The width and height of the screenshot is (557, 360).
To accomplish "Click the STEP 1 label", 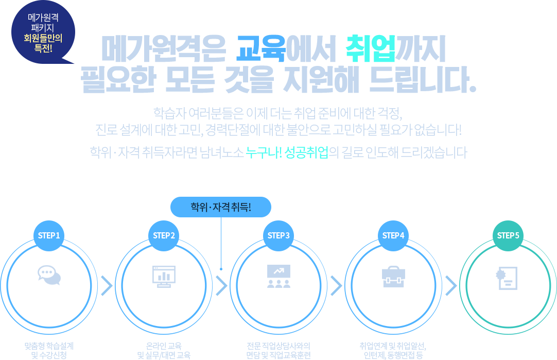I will [49, 236].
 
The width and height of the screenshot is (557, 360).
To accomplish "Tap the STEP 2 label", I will [164, 236].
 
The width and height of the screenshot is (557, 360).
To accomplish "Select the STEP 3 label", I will [279, 236].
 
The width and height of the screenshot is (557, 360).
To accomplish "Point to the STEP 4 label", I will [394, 236].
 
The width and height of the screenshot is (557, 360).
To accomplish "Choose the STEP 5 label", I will [508, 236].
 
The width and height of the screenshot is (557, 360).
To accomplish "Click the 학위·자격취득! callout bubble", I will [221, 208].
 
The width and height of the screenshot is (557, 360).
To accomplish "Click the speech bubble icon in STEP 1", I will [49, 276].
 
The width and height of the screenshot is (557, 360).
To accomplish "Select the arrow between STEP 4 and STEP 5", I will [451, 284].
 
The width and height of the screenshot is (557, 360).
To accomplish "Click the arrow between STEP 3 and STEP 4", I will [336, 284].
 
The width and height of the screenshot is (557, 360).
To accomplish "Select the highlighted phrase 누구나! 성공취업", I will [286, 152].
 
